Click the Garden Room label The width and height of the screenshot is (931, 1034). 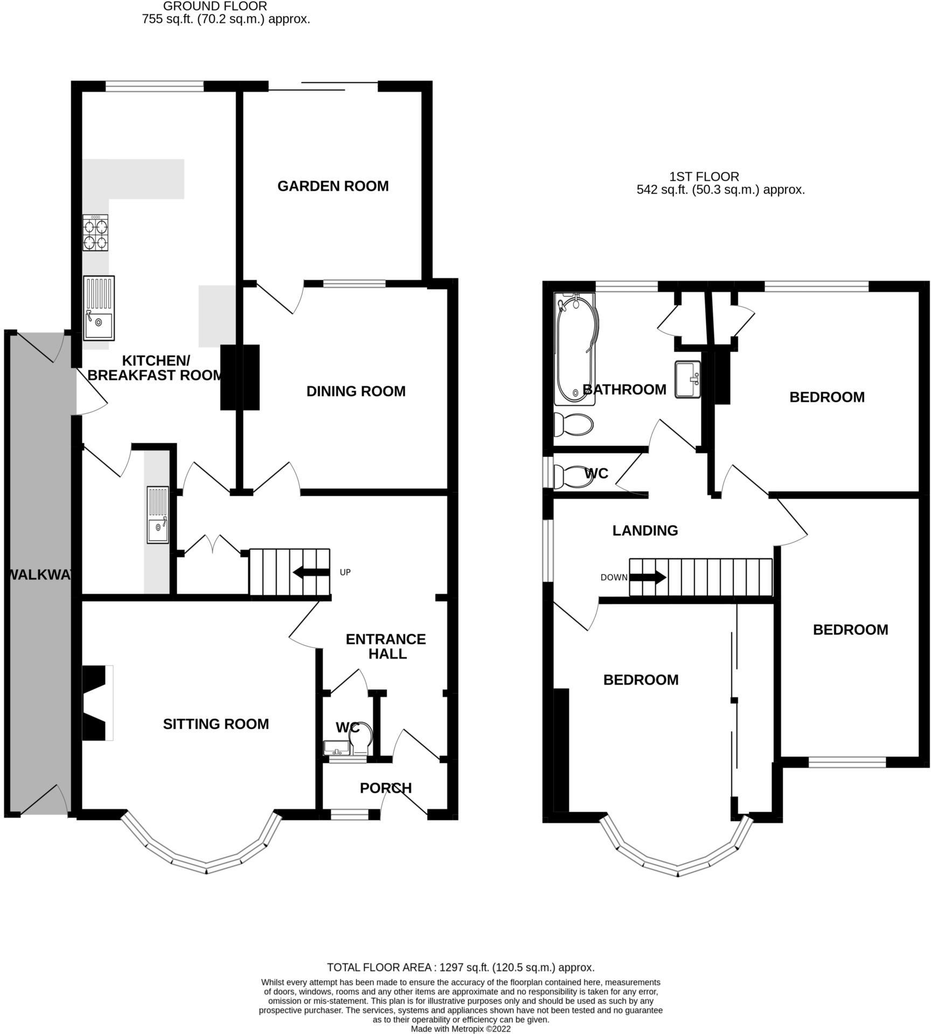click(x=333, y=186)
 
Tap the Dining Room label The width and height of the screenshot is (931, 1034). click(x=356, y=391)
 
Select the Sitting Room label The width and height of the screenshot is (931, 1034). click(x=216, y=724)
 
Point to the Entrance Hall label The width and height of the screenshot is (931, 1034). click(x=386, y=646)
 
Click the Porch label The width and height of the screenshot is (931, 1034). click(x=386, y=788)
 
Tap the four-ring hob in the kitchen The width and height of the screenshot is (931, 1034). click(x=95, y=233)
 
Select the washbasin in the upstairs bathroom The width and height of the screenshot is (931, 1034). click(x=687, y=379)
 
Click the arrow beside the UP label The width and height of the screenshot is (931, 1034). click(x=311, y=572)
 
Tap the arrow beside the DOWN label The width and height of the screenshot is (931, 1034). click(x=648, y=578)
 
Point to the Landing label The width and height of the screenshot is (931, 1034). click(x=645, y=531)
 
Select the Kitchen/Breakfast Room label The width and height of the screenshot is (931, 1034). click(x=155, y=367)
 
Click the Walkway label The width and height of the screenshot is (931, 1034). click(x=39, y=575)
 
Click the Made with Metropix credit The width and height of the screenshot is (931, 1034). click(x=461, y=1029)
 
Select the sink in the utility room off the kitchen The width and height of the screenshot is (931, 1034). click(x=158, y=515)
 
